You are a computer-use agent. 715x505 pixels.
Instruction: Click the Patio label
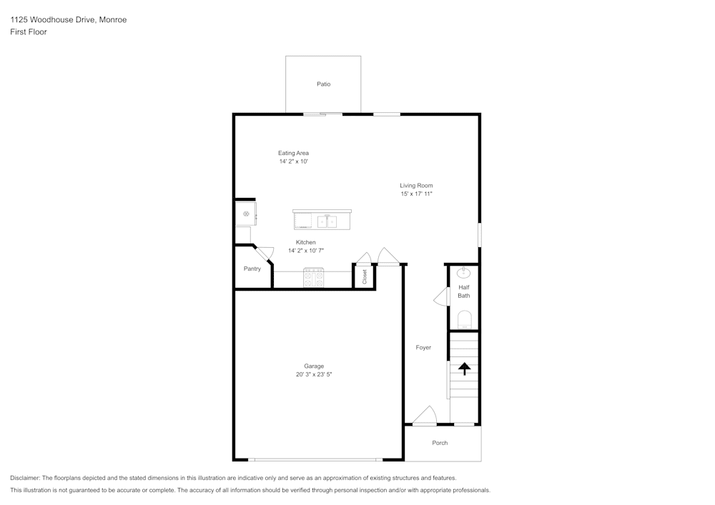coord(324,84)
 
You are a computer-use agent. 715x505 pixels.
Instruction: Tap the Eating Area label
coord(293,153)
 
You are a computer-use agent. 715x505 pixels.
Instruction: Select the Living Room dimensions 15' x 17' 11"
coord(416,194)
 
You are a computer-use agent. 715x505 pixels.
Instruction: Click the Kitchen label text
coord(305,242)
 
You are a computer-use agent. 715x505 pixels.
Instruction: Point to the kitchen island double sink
coord(327,221)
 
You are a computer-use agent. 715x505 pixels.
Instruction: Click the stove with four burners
coord(314,277)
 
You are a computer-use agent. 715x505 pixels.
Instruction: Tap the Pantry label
coord(252,269)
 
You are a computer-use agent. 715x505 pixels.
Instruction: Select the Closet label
coord(365,277)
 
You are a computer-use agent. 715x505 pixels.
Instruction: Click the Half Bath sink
coord(463,273)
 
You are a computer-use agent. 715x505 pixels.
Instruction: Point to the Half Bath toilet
coord(464,320)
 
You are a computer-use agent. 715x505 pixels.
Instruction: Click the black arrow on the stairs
coord(464,369)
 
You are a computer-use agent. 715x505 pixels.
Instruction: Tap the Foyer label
coord(423,347)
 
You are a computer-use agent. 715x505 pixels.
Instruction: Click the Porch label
coord(440,443)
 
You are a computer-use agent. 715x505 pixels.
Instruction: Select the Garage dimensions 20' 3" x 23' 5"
coord(314,374)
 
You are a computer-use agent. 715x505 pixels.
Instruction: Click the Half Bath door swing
coord(441,297)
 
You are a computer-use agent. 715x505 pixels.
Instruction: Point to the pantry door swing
coord(265,253)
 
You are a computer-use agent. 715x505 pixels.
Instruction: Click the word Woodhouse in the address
coord(49,19)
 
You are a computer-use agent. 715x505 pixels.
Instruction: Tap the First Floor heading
coord(29,32)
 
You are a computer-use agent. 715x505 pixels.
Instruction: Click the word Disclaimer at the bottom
coord(25,478)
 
